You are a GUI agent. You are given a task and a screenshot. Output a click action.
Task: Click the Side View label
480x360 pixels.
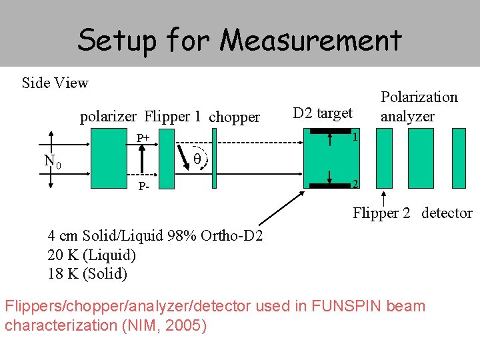(55, 83)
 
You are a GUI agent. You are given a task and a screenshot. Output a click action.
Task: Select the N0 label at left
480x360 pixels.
(53, 161)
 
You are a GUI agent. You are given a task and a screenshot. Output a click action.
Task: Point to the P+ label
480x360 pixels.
(143, 138)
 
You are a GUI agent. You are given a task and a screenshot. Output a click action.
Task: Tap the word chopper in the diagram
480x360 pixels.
(234, 117)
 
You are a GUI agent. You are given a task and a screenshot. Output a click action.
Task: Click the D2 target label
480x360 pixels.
(323, 113)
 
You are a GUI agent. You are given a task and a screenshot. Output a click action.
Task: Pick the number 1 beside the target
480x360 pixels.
(356, 137)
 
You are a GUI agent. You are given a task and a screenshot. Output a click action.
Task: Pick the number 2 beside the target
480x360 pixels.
(356, 183)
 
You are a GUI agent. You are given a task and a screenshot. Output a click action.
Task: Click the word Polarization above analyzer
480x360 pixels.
(419, 97)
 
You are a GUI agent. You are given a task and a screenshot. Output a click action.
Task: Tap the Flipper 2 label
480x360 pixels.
(383, 213)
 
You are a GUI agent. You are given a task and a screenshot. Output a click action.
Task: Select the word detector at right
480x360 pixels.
(447, 213)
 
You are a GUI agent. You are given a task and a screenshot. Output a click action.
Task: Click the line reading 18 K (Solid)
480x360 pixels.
(87, 273)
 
